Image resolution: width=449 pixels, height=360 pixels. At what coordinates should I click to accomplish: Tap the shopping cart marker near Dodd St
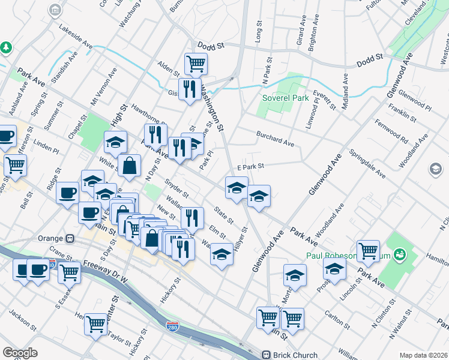[196, 63]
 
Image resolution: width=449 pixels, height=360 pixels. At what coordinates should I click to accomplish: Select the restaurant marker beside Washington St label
[190, 89]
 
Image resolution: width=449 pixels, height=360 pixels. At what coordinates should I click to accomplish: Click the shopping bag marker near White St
[129, 166]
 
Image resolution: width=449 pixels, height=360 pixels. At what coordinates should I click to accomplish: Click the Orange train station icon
[70, 237]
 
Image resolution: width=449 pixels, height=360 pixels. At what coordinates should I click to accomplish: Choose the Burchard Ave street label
[275, 139]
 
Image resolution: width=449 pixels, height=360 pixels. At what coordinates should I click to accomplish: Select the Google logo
[20, 353]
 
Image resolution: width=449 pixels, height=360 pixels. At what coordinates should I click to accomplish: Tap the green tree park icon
[5, 47]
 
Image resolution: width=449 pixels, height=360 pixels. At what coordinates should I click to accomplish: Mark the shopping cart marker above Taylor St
[95, 324]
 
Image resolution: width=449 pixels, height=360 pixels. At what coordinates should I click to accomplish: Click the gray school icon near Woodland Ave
[435, 170]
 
